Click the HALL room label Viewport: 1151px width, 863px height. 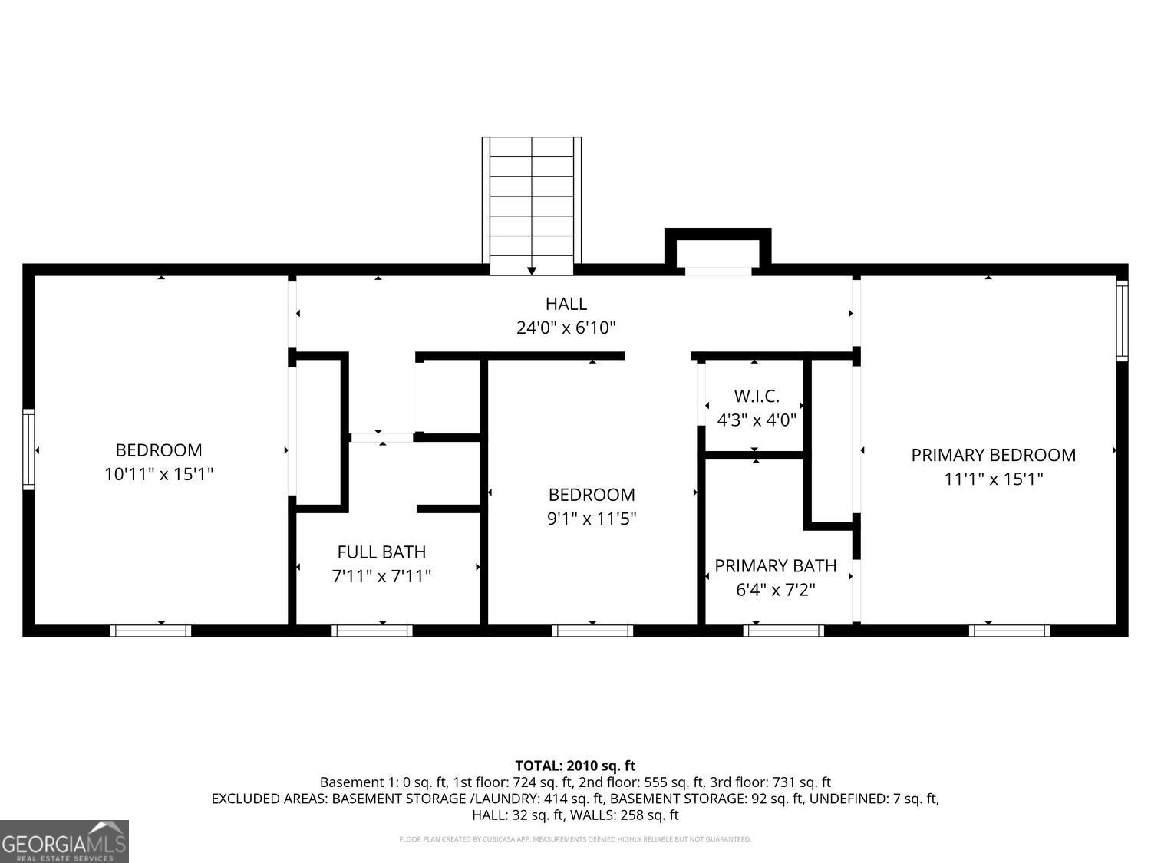point(566,304)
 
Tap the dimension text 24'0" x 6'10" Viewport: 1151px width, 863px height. point(566,328)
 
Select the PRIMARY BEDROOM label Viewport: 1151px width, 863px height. point(993,455)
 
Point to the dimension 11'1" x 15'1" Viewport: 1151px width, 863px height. point(993,479)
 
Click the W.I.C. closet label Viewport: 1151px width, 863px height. point(757,397)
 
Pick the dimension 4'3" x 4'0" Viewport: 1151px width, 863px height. point(757,420)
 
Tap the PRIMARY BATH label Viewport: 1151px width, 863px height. point(775,566)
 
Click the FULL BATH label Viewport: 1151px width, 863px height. point(381,552)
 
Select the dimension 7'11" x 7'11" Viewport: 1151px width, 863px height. point(381,576)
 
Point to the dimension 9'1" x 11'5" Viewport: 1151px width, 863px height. point(592,519)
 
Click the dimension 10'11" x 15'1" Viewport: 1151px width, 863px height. point(159,475)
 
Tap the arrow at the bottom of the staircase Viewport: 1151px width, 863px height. point(532,271)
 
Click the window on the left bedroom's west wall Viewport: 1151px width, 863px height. point(28,449)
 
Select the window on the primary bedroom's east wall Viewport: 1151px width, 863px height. point(1122,320)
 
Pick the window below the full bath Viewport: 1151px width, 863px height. point(372,631)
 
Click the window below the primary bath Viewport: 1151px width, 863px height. point(783,631)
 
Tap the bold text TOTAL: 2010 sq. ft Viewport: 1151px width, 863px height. point(575,766)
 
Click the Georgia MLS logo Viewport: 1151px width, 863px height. point(64,842)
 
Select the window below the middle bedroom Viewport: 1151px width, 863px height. point(592,631)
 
